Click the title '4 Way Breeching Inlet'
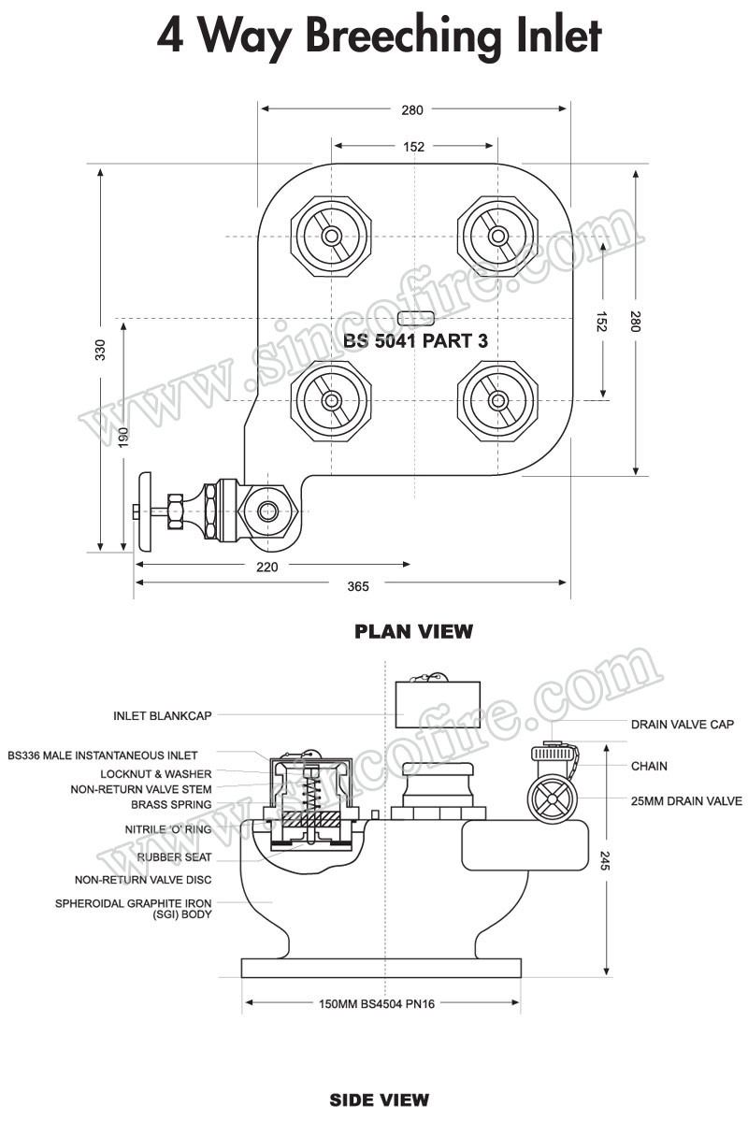point(378,37)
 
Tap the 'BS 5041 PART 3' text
point(415,342)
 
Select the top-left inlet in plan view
point(331,236)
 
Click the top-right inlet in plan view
point(496,236)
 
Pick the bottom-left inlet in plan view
point(331,401)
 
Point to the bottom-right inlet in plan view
point(496,401)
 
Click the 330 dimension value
point(100,350)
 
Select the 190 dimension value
point(123,438)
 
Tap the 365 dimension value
point(358,586)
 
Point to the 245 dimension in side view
point(605,860)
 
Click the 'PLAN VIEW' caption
point(413,632)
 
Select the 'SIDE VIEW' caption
point(379,1100)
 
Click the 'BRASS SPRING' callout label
point(171,804)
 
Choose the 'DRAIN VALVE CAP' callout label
point(682,725)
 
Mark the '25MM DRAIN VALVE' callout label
point(686,801)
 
